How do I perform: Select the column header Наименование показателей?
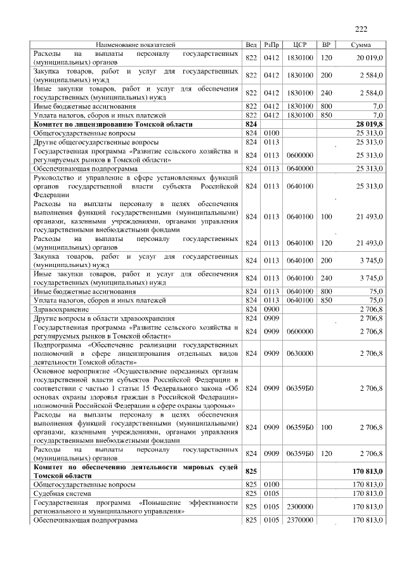click(x=135, y=45)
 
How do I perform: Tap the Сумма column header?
click(x=361, y=45)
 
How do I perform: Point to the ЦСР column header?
click(x=300, y=45)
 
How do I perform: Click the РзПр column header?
click(x=272, y=45)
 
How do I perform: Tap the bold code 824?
click(x=251, y=125)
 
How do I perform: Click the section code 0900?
click(x=272, y=309)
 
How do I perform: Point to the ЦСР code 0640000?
click(x=300, y=169)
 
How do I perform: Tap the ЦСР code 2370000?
click(x=300, y=520)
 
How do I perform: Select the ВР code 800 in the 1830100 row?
click(x=327, y=107)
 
